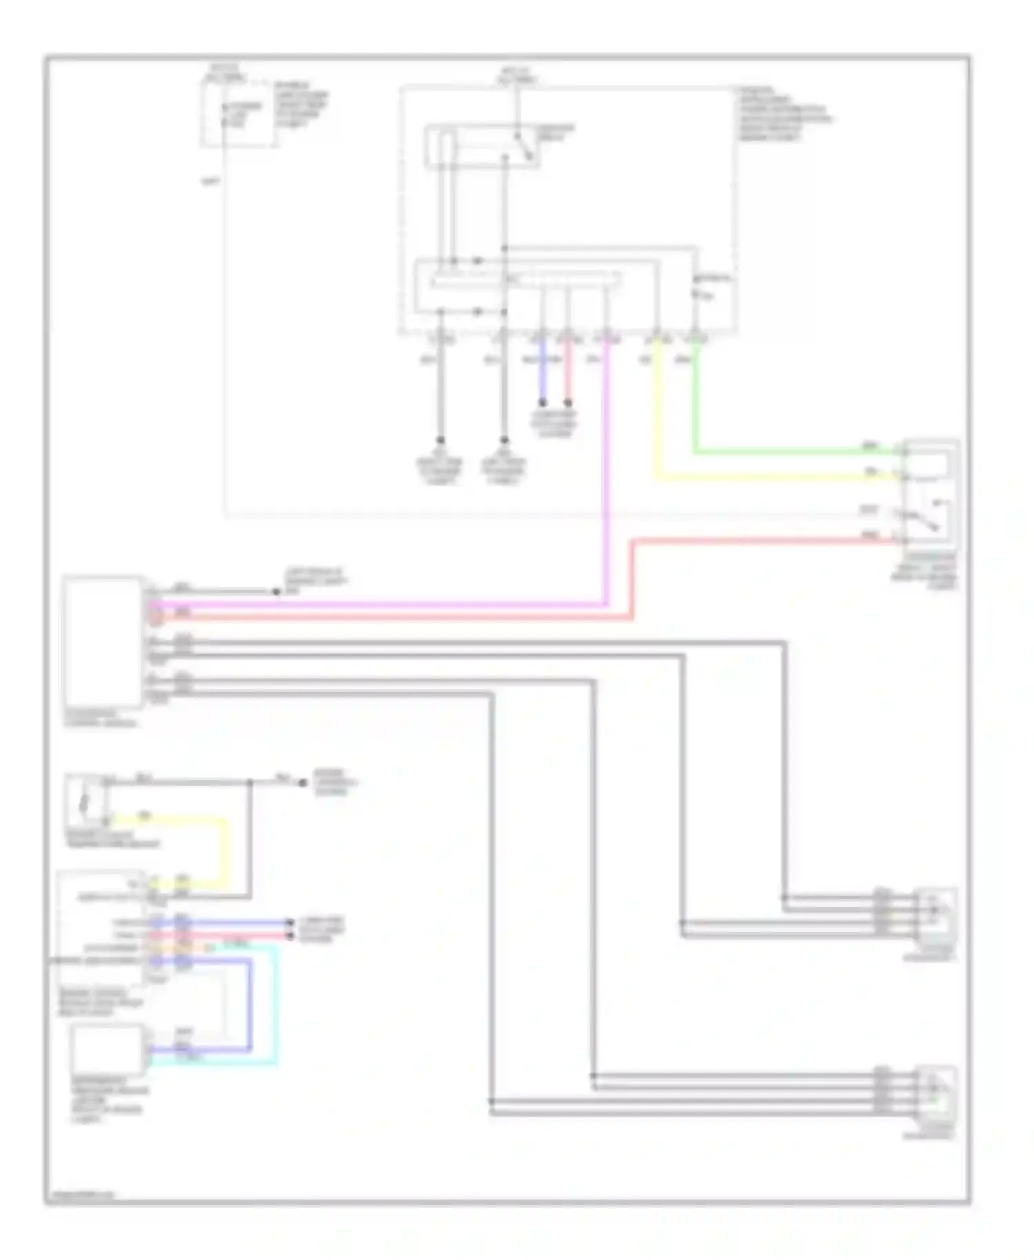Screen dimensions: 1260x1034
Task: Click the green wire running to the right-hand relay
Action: pos(793,453)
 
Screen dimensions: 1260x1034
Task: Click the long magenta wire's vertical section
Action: pos(607,482)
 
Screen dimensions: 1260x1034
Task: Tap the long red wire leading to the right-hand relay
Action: pos(758,542)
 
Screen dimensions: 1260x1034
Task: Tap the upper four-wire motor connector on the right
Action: pos(936,913)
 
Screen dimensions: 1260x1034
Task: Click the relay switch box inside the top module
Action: pos(483,145)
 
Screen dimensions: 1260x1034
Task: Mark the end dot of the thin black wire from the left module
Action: pos(276,591)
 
